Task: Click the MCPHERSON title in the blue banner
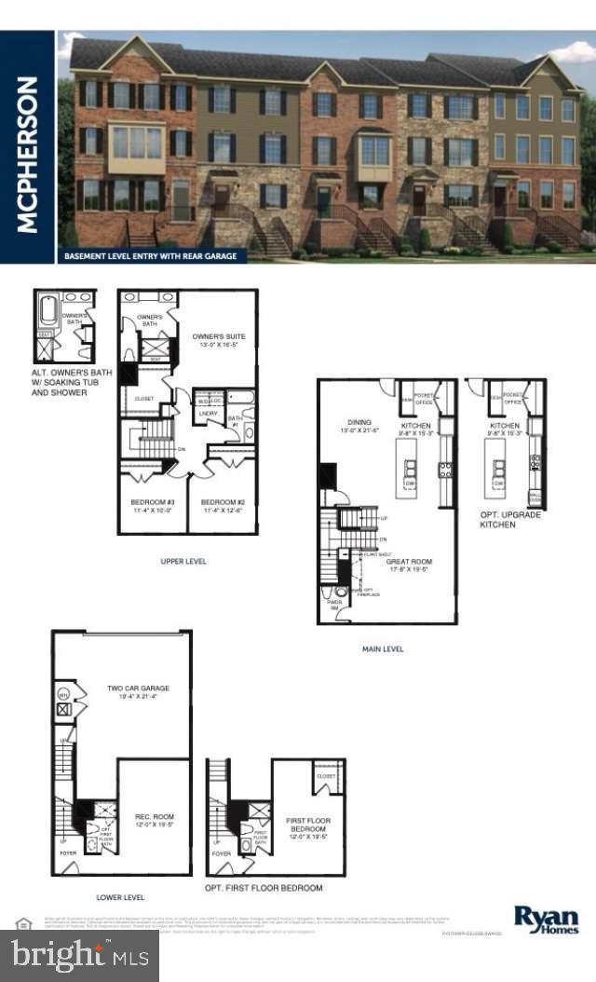pos(27,154)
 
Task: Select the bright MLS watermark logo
pos(79,953)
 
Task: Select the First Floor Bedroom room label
pos(306,825)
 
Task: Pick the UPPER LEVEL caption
pos(183,561)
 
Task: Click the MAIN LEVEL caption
pos(383,648)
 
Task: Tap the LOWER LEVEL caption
pos(121,897)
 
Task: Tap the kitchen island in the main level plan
pos(408,464)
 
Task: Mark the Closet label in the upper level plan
pos(143,398)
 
